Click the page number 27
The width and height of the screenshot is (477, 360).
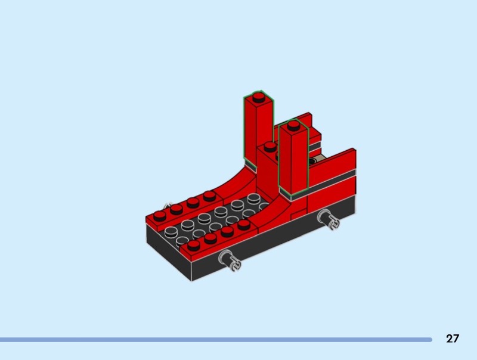coord(453,339)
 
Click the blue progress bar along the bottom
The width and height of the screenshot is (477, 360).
coord(216,340)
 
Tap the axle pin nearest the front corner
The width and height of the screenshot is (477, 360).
coord(230,260)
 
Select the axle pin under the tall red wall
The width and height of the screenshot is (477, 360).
coord(329,219)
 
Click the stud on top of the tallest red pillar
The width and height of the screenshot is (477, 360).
coord(259,97)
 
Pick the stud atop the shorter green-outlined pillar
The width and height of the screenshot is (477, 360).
coord(293,125)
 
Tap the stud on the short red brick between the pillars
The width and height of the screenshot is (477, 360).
coord(270,147)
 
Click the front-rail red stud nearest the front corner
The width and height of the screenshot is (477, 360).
coord(193,245)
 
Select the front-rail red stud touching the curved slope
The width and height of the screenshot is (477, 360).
coord(244,224)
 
